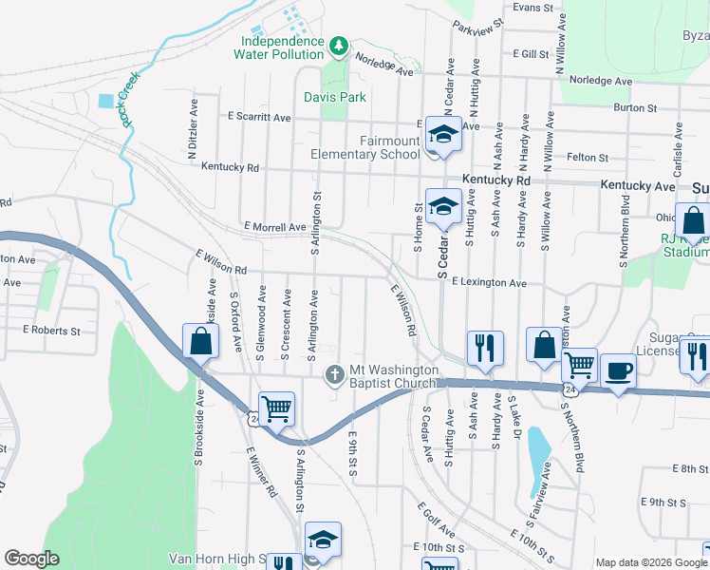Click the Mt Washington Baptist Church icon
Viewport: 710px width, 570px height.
pyautogui.click(x=334, y=374)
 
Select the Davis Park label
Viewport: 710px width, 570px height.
pyautogui.click(x=335, y=97)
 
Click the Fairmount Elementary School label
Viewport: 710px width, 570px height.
pyautogui.click(x=365, y=147)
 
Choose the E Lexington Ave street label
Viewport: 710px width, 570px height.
pyautogui.click(x=489, y=283)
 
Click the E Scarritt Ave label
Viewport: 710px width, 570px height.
pyautogui.click(x=259, y=117)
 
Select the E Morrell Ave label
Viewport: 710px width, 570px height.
pyautogui.click(x=274, y=227)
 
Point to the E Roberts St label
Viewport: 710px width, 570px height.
pyautogui.click(x=51, y=331)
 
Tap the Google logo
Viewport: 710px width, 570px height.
pyautogui.click(x=31, y=559)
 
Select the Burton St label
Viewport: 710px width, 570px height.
pyautogui.click(x=636, y=108)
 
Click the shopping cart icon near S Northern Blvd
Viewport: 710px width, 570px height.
pyautogui.click(x=578, y=365)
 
